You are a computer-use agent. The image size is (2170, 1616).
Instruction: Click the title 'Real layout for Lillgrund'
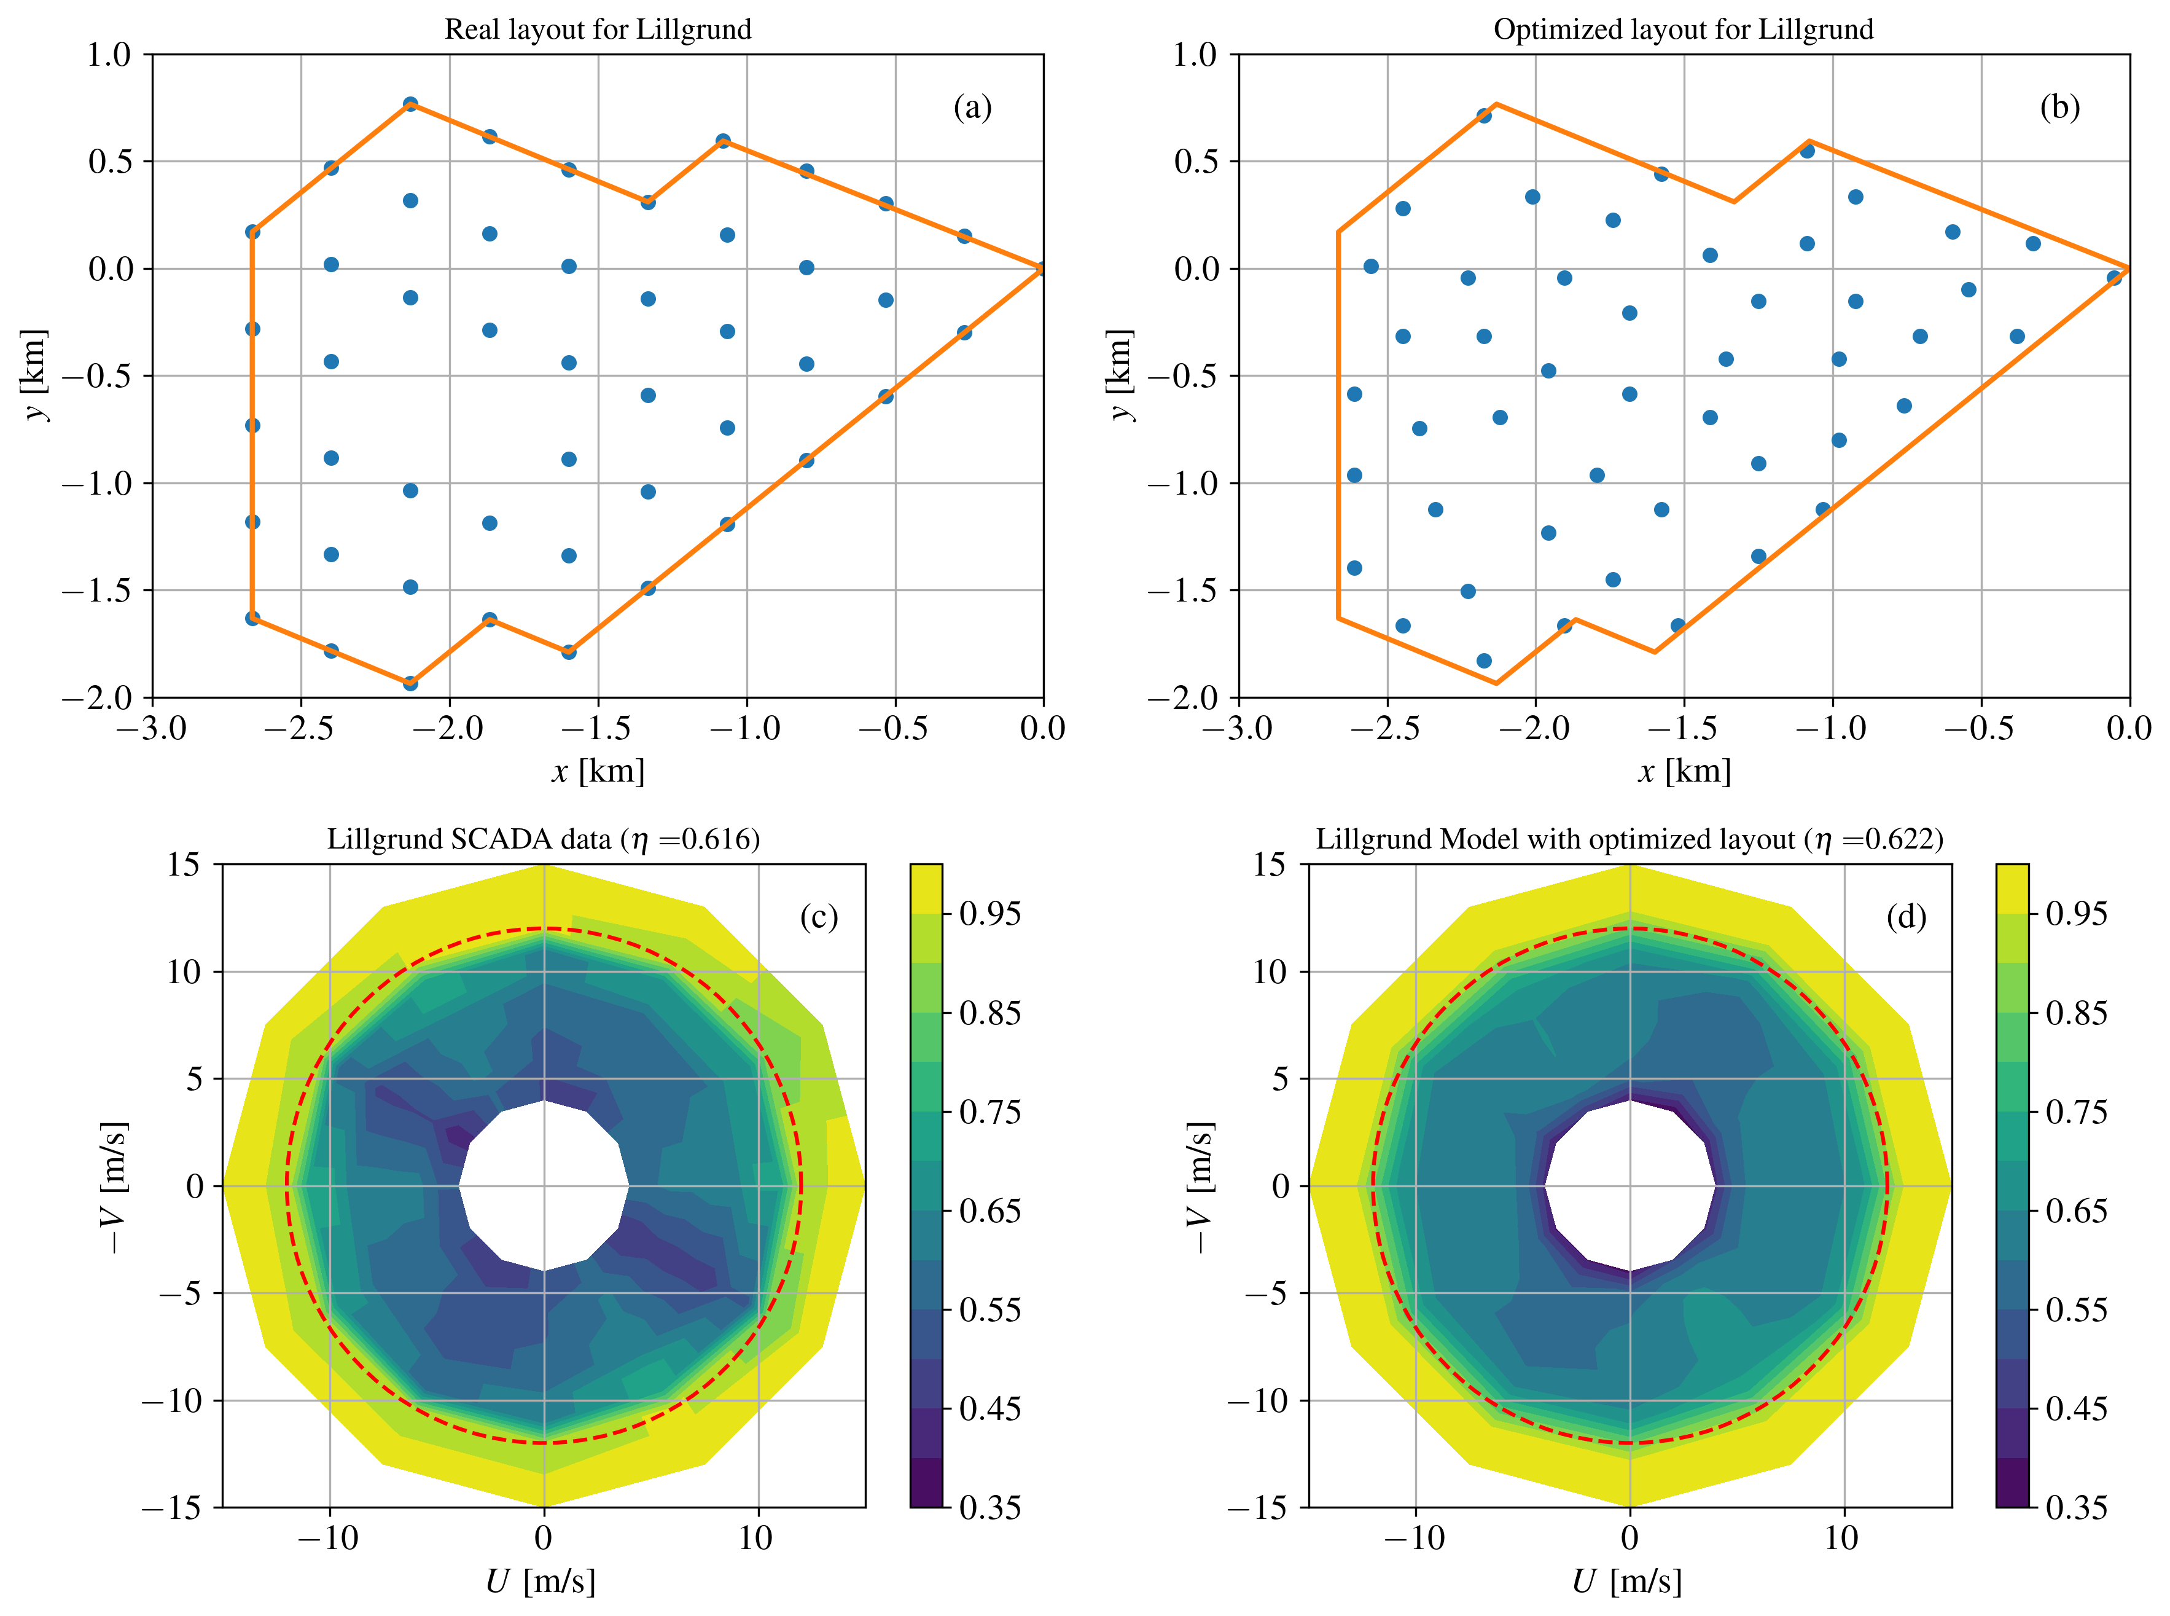[598, 29]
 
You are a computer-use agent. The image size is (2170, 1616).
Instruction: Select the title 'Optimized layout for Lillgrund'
[1682, 29]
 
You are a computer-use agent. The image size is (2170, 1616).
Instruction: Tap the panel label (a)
[972, 107]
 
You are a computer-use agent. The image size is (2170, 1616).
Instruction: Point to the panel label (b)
[2058, 107]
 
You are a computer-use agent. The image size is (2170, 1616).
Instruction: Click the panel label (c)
[819, 917]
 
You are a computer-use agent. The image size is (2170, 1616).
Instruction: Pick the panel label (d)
[1906, 917]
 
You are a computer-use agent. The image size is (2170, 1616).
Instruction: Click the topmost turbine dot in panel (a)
[411, 104]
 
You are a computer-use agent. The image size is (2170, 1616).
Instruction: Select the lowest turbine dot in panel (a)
[411, 683]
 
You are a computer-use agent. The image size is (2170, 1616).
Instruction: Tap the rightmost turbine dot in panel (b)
[2113, 278]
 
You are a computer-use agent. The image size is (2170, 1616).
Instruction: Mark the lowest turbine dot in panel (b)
[1483, 661]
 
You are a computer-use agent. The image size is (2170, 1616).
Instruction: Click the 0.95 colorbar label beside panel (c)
[989, 914]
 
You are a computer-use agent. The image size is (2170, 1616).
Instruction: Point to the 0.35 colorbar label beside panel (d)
[2076, 1507]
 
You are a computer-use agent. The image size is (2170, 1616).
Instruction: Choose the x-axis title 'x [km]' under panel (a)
[598, 772]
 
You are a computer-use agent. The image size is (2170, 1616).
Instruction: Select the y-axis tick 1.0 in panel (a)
[109, 55]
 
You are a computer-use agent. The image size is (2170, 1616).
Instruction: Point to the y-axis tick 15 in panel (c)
[183, 865]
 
